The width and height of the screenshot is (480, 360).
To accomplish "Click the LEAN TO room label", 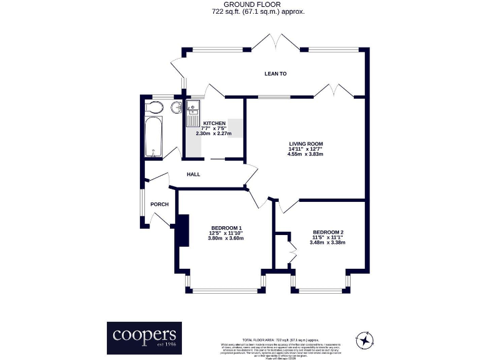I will tap(275, 74).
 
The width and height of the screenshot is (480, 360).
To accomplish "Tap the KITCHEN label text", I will tap(214, 123).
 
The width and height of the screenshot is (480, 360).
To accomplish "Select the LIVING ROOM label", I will tap(306, 144).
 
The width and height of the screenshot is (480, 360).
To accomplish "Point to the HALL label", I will tap(193, 174).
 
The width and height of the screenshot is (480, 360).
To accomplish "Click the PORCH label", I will tap(159, 204).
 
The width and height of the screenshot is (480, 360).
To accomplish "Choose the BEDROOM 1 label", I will tap(226, 227).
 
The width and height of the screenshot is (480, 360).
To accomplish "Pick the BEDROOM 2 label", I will tap(328, 232).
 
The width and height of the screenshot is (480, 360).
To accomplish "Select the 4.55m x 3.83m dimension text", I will tap(306, 154).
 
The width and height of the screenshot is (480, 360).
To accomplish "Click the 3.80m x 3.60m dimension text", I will tap(226, 238).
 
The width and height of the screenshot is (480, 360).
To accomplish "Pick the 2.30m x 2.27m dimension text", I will tap(214, 134).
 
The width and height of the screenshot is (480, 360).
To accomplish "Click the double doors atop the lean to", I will tap(275, 42).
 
